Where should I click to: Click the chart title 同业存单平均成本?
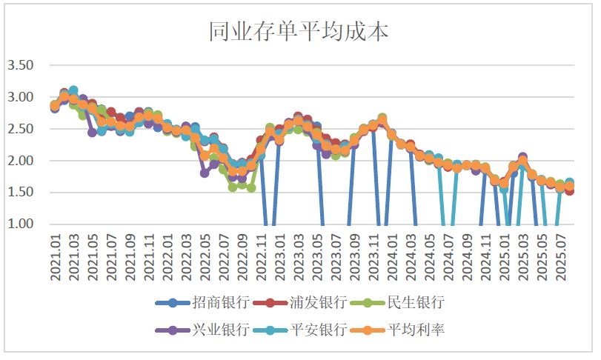tap(299, 32)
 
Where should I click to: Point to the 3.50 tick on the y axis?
tap(21, 65)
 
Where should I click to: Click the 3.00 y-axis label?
tap(21, 97)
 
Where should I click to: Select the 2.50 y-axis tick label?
tap(21, 129)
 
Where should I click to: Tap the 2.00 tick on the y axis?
tap(21, 161)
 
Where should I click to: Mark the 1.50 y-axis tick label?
tap(21, 193)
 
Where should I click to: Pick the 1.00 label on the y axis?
tap(21, 224)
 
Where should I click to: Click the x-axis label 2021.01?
tap(55, 256)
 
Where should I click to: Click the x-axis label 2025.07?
tap(561, 256)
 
